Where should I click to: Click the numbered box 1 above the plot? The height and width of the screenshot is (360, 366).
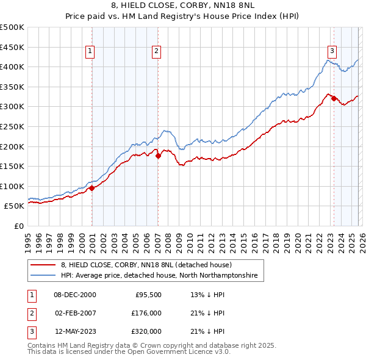click(90, 51)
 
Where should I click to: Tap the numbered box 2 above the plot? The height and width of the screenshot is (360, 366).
click(156, 51)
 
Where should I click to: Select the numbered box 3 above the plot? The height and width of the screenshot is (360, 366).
click(332, 51)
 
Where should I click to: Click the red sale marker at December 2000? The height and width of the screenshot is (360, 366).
click(91, 188)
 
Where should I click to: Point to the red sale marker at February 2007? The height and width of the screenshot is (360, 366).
click(158, 156)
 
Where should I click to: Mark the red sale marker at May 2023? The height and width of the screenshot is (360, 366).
click(334, 99)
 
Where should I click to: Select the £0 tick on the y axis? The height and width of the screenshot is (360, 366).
click(20, 226)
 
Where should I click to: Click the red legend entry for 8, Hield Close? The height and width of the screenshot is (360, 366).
click(146, 265)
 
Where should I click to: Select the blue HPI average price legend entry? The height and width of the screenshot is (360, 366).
click(159, 276)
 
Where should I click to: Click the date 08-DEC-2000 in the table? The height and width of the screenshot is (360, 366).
click(75, 295)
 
